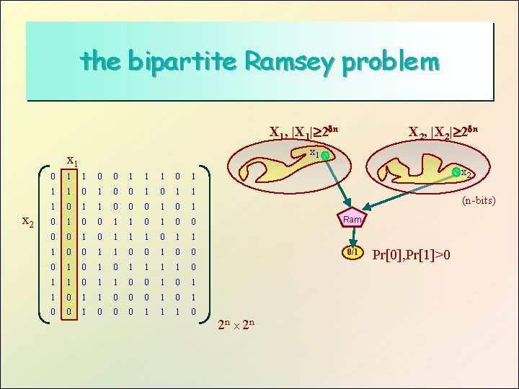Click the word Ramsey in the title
[289, 62]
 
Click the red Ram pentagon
[352, 219]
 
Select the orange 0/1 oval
[352, 253]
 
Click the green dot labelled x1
[326, 156]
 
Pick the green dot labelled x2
[456, 172]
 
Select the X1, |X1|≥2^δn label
[303, 132]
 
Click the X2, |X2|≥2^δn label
[443, 132]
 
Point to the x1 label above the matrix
[71, 161]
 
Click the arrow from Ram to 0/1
[352, 236]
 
